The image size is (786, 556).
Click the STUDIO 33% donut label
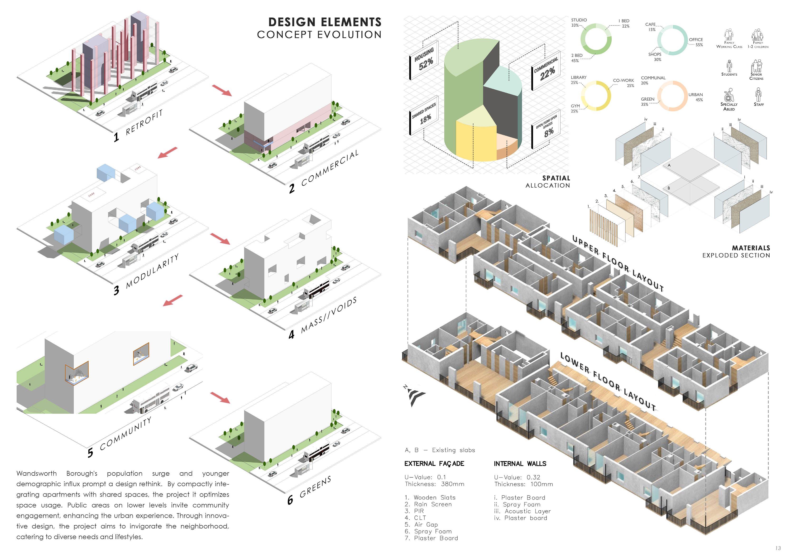579,23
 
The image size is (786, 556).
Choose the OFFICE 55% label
696,42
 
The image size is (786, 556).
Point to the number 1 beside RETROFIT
116,137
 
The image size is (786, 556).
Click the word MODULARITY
152,271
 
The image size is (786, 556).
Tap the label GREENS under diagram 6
315,487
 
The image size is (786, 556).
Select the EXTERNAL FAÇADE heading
434,464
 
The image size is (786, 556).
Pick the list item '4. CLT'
415,518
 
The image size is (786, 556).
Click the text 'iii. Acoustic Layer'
522,511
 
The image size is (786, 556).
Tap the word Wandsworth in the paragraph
37,474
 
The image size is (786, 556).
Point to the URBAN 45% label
696,97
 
